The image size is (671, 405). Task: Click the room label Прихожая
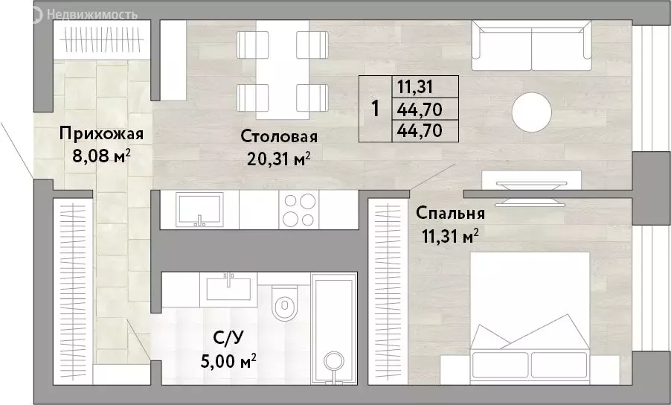pos(101,134)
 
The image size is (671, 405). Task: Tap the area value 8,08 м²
pos(101,156)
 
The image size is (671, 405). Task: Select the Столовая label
pos(279,137)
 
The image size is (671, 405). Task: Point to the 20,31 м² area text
pos(278,159)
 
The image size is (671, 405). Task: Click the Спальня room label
pos(450,213)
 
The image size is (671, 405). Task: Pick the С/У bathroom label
pos(228,339)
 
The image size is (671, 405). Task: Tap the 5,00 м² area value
pos(228,361)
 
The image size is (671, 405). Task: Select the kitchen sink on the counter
pos(199,209)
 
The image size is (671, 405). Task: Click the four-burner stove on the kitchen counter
pos(300,210)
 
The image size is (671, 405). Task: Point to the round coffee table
pos(532,112)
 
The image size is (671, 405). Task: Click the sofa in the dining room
pos(531,45)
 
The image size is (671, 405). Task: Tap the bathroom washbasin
pos(229,289)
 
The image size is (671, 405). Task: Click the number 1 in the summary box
pos(375,109)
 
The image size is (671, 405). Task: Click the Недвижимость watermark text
pos(92,15)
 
